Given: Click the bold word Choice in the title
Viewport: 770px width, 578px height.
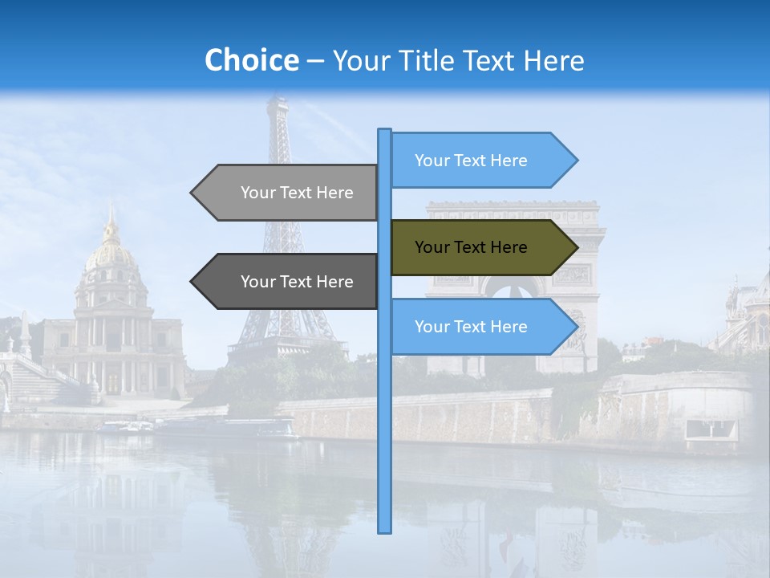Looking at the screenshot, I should pyautogui.click(x=251, y=60).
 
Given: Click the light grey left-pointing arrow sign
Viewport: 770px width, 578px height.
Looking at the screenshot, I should pyautogui.click(x=289, y=193).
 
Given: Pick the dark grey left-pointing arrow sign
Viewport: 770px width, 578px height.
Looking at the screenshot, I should pyautogui.click(x=289, y=282).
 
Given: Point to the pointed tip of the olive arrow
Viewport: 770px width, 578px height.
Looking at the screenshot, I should pyautogui.click(x=576, y=248).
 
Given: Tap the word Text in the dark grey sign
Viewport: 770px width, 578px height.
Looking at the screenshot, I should pyautogui.click(x=297, y=282).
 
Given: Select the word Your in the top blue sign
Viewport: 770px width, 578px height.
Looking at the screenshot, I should pyautogui.click(x=432, y=161).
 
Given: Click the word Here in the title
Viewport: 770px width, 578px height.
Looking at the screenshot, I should pyautogui.click(x=554, y=60).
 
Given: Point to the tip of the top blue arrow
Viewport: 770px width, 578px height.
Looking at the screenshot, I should pyautogui.click(x=577, y=161).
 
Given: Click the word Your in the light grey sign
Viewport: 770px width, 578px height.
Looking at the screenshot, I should pyautogui.click(x=257, y=193).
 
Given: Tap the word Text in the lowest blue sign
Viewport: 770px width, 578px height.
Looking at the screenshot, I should pyautogui.click(x=471, y=327).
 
